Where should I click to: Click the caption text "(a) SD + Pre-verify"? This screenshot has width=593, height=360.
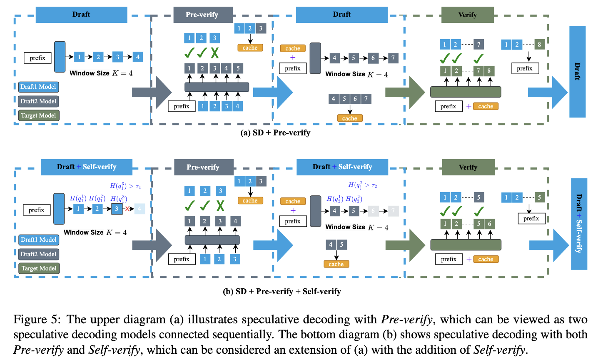coord(275,133)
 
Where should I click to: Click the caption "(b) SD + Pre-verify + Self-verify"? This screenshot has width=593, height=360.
coord(282,291)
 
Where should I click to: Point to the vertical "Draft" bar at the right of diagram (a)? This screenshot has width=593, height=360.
coord(577,71)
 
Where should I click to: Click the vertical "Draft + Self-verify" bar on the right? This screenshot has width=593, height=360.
coord(579,224)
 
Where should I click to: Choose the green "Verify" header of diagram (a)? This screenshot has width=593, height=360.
coord(467,15)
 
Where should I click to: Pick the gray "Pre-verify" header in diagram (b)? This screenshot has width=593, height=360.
coord(203,167)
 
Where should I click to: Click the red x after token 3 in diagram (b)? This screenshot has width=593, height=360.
coord(127,209)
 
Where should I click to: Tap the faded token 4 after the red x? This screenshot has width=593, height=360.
coord(140,209)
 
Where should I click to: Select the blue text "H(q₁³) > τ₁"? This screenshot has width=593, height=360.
coord(125,186)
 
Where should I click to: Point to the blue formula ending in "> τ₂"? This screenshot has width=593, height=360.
coord(362,185)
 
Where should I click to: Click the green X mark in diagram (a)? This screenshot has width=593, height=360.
coord(214,53)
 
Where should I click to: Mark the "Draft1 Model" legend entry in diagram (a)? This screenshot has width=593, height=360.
coord(38,87)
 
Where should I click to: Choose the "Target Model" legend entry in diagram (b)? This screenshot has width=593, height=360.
coord(39,268)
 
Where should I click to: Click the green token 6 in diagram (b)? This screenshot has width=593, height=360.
coord(489,224)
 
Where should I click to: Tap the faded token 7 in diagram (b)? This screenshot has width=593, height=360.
coord(393,211)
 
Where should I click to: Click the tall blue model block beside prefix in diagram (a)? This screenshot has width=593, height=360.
coord(60,57)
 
